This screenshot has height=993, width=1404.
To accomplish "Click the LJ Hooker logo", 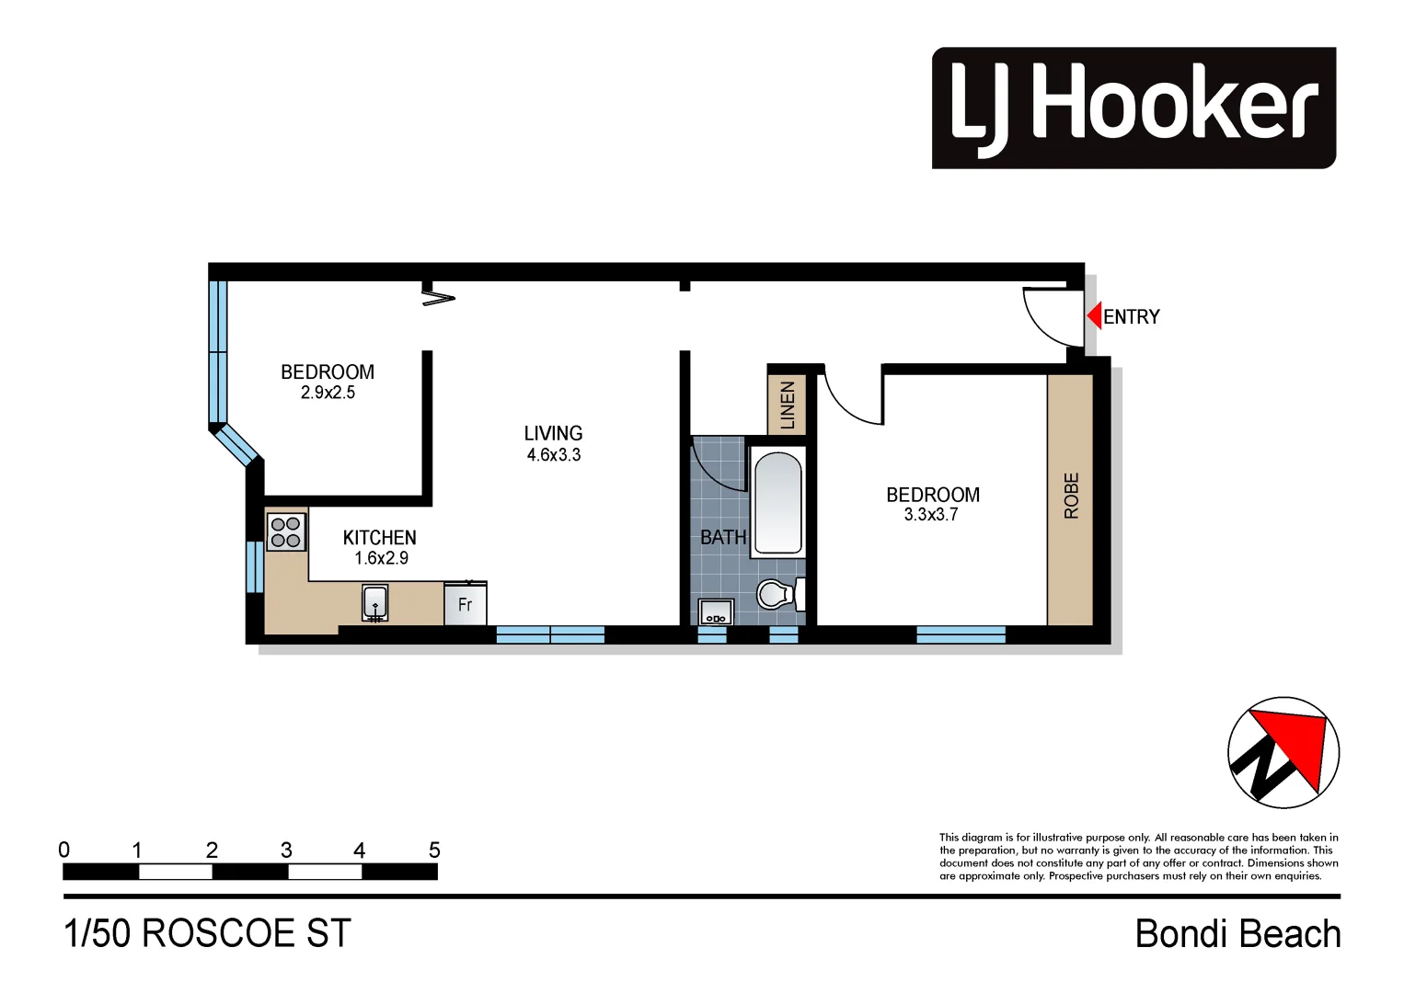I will click(1133, 108).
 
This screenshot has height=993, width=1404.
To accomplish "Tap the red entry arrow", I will click(1094, 316).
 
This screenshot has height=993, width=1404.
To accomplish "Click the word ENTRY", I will click(1131, 317).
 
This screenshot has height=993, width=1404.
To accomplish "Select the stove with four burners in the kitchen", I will click(285, 531).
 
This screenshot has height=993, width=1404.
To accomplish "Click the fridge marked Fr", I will click(465, 604).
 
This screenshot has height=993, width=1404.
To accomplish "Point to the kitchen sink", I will click(374, 603).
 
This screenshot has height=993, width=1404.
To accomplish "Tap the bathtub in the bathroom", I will click(777, 502).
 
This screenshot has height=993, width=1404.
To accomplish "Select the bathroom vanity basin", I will click(714, 612).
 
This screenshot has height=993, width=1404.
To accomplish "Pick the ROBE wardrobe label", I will click(1071, 496).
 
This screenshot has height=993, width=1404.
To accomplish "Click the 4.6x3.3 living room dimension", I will click(553, 455).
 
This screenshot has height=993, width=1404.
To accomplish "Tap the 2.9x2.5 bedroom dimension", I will click(328, 393).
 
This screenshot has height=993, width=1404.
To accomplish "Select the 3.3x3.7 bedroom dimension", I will click(930, 515).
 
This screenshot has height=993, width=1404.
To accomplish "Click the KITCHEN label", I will click(379, 538).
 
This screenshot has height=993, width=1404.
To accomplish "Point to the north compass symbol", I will click(1283, 752).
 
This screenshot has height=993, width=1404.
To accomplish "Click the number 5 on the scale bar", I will click(434, 850).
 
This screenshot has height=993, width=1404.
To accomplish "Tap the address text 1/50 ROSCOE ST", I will click(207, 934).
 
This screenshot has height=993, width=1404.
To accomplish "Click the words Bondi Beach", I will click(1237, 934).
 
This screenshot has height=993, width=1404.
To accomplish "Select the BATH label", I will click(723, 538).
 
